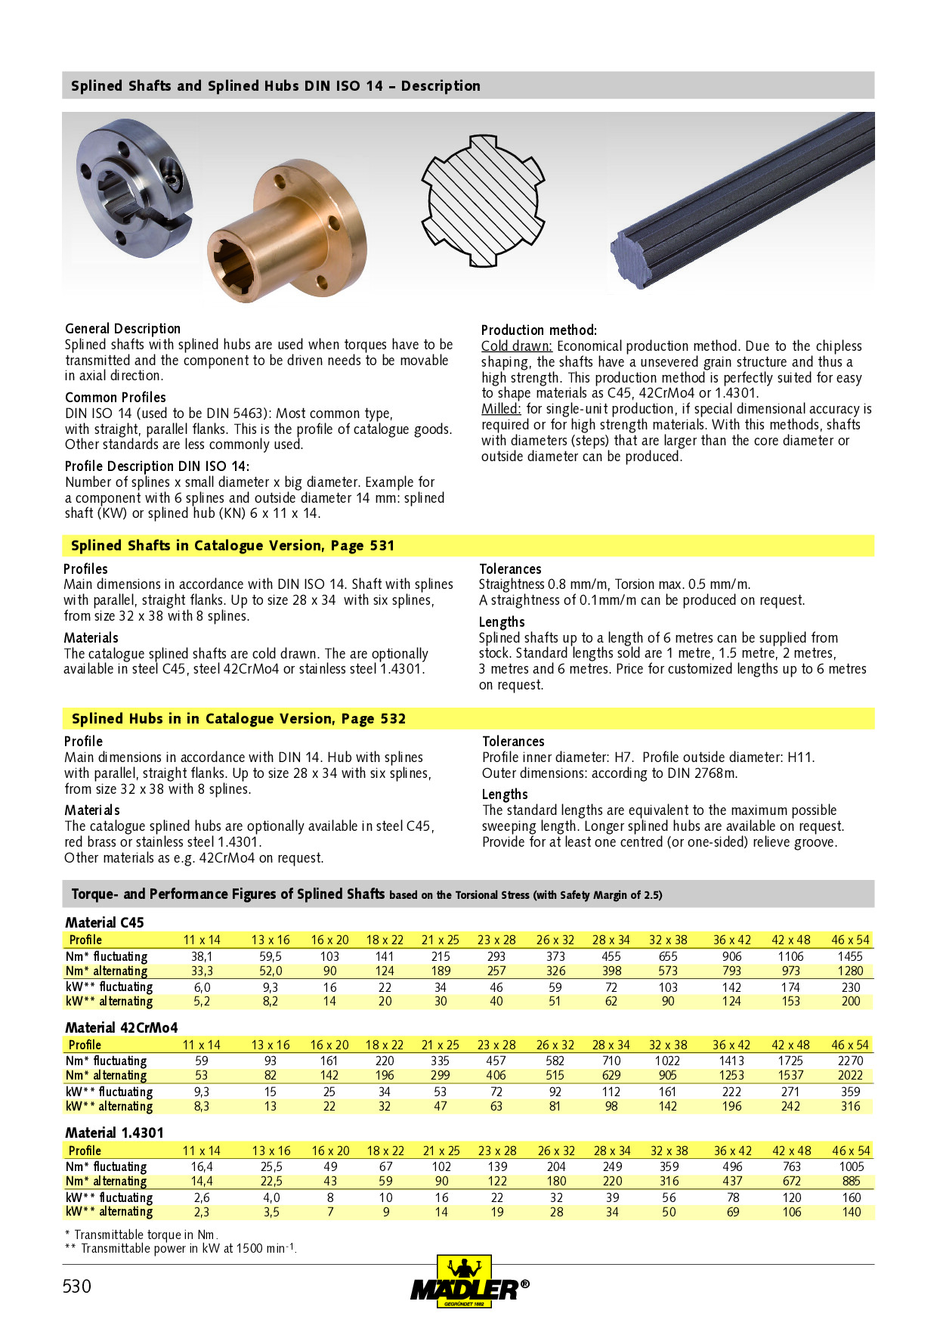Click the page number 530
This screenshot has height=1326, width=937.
coord(77,1286)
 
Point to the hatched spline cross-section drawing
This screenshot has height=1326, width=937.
coord(482,200)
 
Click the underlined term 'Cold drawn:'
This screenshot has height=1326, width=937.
coord(517,346)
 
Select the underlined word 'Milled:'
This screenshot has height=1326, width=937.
coord(501,409)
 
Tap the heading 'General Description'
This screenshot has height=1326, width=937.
coord(122,329)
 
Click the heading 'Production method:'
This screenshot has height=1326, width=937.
coord(539,330)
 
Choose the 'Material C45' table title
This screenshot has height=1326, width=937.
coord(104,922)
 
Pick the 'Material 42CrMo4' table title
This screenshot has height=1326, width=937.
coord(122,1027)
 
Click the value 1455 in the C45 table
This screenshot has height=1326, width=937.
coord(850,956)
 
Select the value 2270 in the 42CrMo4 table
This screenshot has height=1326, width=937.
coord(850,1061)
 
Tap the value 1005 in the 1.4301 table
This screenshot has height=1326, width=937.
coord(851,1166)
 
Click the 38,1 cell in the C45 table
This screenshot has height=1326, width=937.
coord(202,956)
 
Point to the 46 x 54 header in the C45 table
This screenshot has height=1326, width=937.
coord(850,940)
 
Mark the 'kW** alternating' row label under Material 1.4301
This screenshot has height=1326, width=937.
coord(110,1211)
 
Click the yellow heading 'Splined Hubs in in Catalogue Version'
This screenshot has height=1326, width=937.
coord(238,718)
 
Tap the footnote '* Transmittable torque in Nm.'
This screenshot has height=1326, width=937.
coord(141,1235)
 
